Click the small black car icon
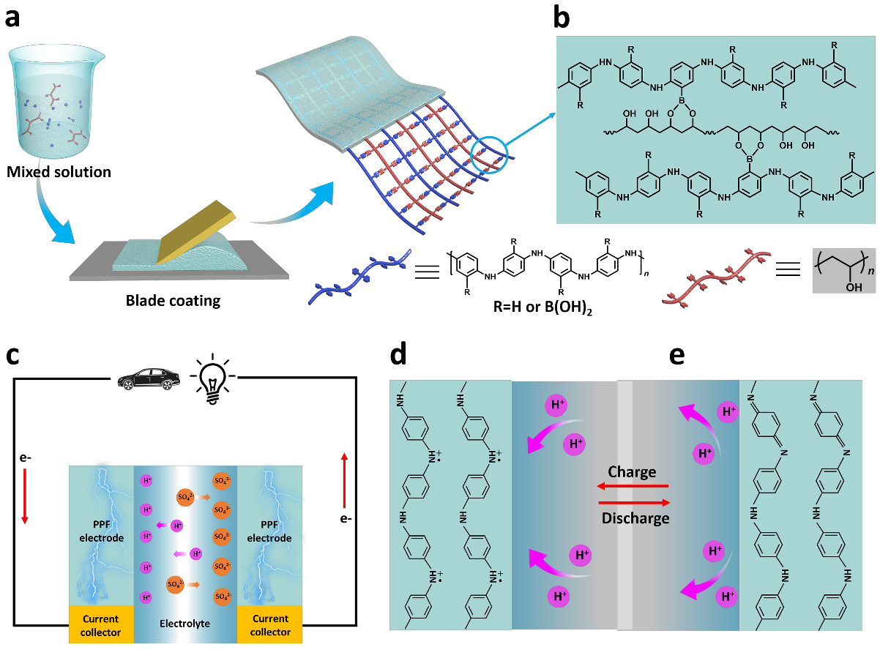pyautogui.click(x=149, y=378)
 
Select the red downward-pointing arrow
pyautogui.click(x=24, y=496)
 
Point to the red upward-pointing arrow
pyautogui.click(x=345, y=480)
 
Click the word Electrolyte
pyautogui.click(x=184, y=624)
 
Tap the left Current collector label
pyautogui.click(x=101, y=625)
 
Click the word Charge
pyautogui.click(x=632, y=472)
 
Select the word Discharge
pyautogui.click(x=635, y=518)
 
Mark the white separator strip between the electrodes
pyautogui.click(x=624, y=505)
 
